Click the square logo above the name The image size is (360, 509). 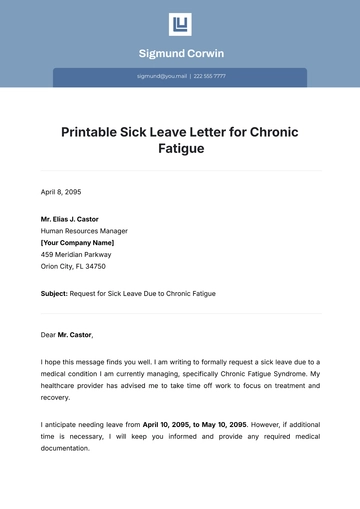pyautogui.click(x=180, y=25)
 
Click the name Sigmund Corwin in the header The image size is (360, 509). pyautogui.click(x=180, y=53)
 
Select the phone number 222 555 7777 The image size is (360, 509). pyautogui.click(x=210, y=76)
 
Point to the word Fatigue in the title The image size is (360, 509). pyautogui.click(x=180, y=148)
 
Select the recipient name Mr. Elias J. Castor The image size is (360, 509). pyautogui.click(x=77, y=218)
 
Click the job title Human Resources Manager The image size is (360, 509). pyautogui.click(x=84, y=230)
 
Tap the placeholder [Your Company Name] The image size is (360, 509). pyautogui.click(x=77, y=242)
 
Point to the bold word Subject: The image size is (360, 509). pyautogui.click(x=54, y=294)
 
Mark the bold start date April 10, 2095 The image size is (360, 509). pyautogui.click(x=152, y=424)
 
